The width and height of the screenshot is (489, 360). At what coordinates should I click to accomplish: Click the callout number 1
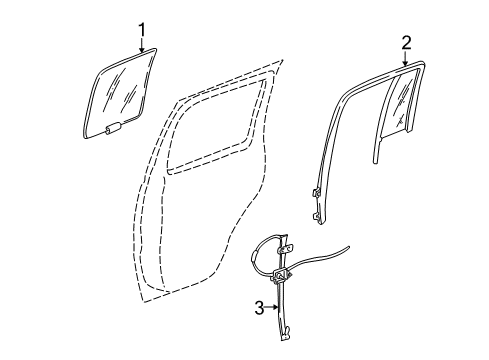(142, 28)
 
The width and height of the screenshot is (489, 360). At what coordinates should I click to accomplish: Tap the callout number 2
(406, 41)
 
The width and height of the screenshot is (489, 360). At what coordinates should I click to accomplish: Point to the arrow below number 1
(142, 45)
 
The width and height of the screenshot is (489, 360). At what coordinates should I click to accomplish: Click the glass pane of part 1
(123, 91)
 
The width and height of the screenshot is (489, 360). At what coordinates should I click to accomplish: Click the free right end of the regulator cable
(349, 273)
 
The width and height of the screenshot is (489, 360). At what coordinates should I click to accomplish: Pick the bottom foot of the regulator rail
(286, 339)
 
